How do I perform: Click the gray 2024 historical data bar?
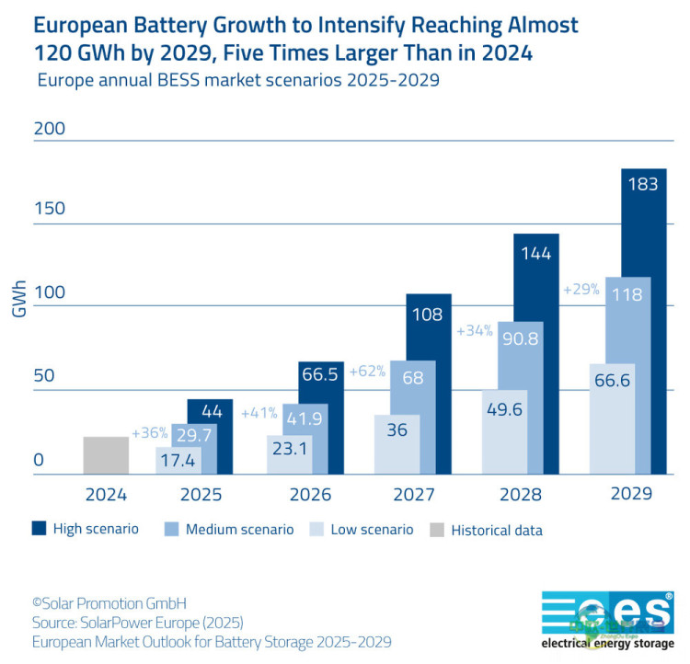click(106, 455)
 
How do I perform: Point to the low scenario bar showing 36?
click(397, 444)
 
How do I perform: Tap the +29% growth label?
click(581, 289)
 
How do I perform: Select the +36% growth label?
click(149, 432)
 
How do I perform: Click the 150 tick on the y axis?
click(50, 209)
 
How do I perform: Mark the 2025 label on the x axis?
click(201, 494)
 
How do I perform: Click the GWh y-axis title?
click(18, 299)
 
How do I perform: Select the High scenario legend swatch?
click(39, 529)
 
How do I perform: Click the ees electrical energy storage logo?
click(606, 617)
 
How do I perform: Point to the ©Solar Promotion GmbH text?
click(109, 603)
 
